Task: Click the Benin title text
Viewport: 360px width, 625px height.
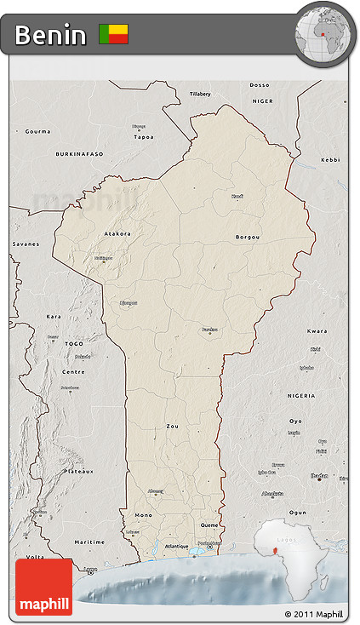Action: coord(50,35)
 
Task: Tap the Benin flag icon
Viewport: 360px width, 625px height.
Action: coord(113,34)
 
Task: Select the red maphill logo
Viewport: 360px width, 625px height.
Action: coord(44,587)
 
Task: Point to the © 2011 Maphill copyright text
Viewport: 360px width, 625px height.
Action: coord(314,614)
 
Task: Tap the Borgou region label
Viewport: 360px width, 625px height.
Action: coord(248,237)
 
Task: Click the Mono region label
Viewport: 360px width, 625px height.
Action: coord(143,515)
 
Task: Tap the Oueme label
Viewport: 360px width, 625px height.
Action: coord(209,525)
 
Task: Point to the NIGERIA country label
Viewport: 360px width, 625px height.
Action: coord(300,396)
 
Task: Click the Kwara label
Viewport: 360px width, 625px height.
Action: coord(317,330)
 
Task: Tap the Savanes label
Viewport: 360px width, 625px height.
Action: coord(26,244)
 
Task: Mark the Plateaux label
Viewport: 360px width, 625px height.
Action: coord(80,470)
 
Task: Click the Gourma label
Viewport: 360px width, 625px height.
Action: coord(37,131)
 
